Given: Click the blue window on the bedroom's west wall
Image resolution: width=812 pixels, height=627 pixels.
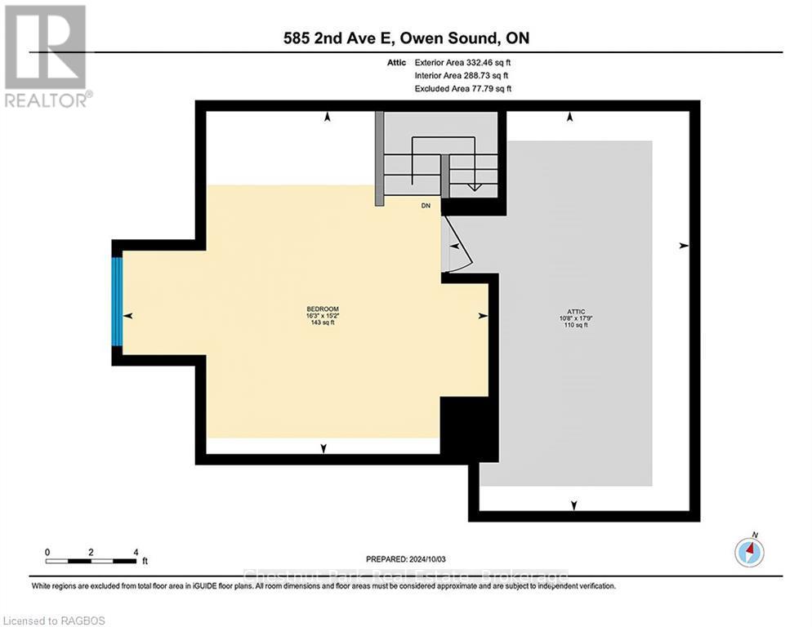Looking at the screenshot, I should [x=118, y=301].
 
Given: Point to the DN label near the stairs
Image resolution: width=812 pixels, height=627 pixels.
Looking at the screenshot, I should [x=426, y=206].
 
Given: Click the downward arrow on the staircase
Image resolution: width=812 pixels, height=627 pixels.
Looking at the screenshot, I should [x=472, y=186].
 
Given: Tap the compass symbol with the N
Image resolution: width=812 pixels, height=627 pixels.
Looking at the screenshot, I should [x=748, y=552].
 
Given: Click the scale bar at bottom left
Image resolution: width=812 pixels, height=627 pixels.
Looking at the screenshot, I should [x=91, y=560].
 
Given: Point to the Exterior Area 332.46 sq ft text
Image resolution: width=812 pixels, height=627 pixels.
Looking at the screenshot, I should [x=463, y=62].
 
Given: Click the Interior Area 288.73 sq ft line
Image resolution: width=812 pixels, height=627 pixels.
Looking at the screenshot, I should [x=462, y=75].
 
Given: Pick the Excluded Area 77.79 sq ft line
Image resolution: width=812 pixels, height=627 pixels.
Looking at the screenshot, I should [x=462, y=88].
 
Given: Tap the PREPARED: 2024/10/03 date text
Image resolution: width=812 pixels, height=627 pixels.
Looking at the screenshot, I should [x=406, y=559].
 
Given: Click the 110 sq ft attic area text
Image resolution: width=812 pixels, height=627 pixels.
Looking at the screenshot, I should [x=573, y=325].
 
